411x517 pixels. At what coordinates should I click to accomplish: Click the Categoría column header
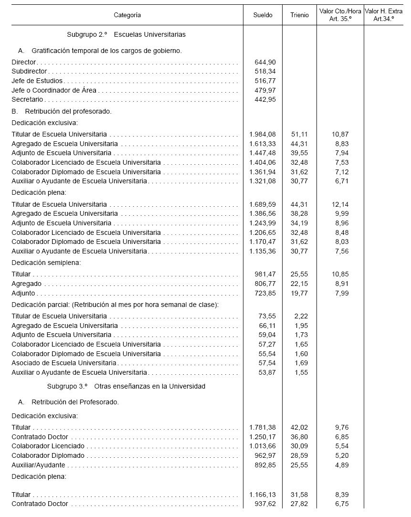[x=127, y=15]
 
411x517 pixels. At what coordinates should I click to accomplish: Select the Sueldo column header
[x=263, y=15]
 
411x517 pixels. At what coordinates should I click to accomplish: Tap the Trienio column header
[x=299, y=15]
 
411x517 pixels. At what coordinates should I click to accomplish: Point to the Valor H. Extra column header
[x=383, y=15]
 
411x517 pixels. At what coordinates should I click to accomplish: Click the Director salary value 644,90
[x=265, y=63]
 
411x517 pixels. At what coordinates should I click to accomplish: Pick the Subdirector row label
[x=30, y=72]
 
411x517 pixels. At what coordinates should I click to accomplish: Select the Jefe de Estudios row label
[x=37, y=81]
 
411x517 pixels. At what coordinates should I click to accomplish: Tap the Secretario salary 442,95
[x=265, y=100]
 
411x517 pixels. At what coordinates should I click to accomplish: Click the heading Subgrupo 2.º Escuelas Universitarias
[x=126, y=34]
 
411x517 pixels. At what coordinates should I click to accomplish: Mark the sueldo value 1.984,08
[x=263, y=135]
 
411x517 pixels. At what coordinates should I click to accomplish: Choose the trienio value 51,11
[x=299, y=135]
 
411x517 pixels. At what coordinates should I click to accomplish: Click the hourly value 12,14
[x=340, y=204]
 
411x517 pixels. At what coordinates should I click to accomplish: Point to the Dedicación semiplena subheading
[x=46, y=263]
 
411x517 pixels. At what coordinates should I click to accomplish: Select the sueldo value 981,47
[x=265, y=274]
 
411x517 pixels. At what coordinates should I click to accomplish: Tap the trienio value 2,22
[x=301, y=317]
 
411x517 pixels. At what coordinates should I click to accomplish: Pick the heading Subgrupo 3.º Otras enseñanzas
[x=126, y=386]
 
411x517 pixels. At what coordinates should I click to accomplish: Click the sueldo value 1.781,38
[x=263, y=428]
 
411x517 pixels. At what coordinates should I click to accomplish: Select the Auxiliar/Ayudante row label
[x=39, y=465]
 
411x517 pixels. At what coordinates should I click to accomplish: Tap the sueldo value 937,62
[x=265, y=504]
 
